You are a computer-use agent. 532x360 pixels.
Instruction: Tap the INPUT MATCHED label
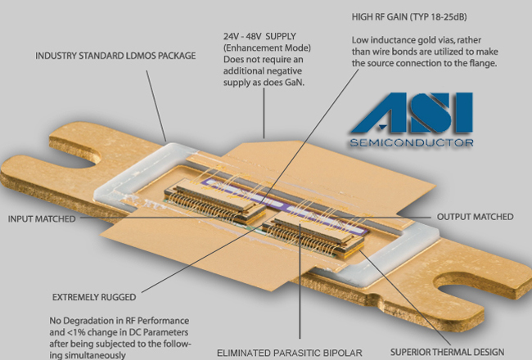(x=42, y=219)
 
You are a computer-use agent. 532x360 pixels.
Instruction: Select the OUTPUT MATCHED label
(x=475, y=217)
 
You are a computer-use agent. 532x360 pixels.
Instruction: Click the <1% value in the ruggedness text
(x=81, y=333)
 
